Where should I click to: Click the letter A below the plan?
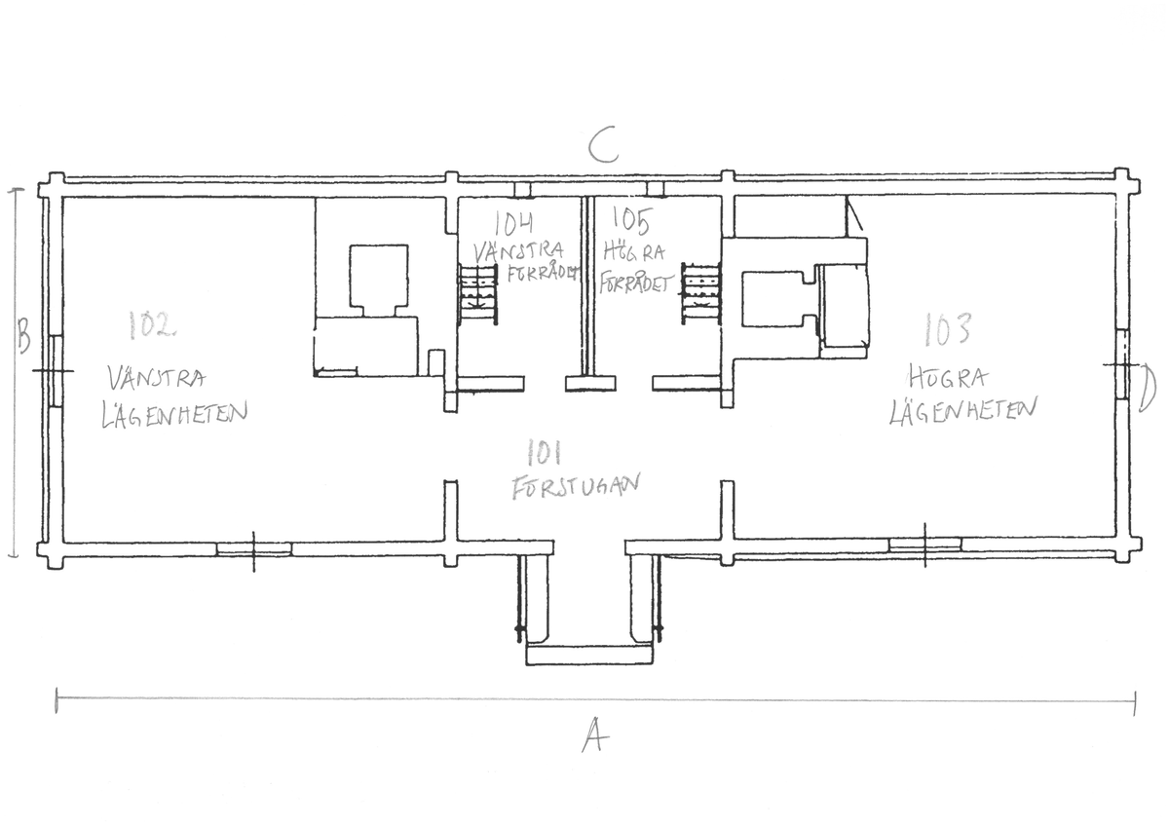[595, 734]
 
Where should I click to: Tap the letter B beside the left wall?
[23, 335]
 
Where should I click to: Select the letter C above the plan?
[604, 144]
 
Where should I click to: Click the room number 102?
[151, 325]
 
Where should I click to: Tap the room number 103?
[947, 329]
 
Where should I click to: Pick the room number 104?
[513, 223]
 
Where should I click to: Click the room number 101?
[544, 452]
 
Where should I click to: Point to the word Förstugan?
[575, 486]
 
